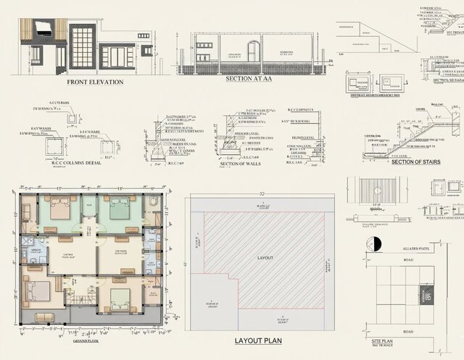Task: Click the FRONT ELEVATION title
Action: [x=95, y=82]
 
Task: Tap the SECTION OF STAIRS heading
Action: [x=415, y=161]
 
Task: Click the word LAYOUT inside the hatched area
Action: [x=266, y=257]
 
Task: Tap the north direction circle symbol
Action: [x=375, y=243]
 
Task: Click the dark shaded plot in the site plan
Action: [x=426, y=294]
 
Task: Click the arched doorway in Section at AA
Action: [x=254, y=52]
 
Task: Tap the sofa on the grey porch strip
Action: [x=43, y=317]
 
